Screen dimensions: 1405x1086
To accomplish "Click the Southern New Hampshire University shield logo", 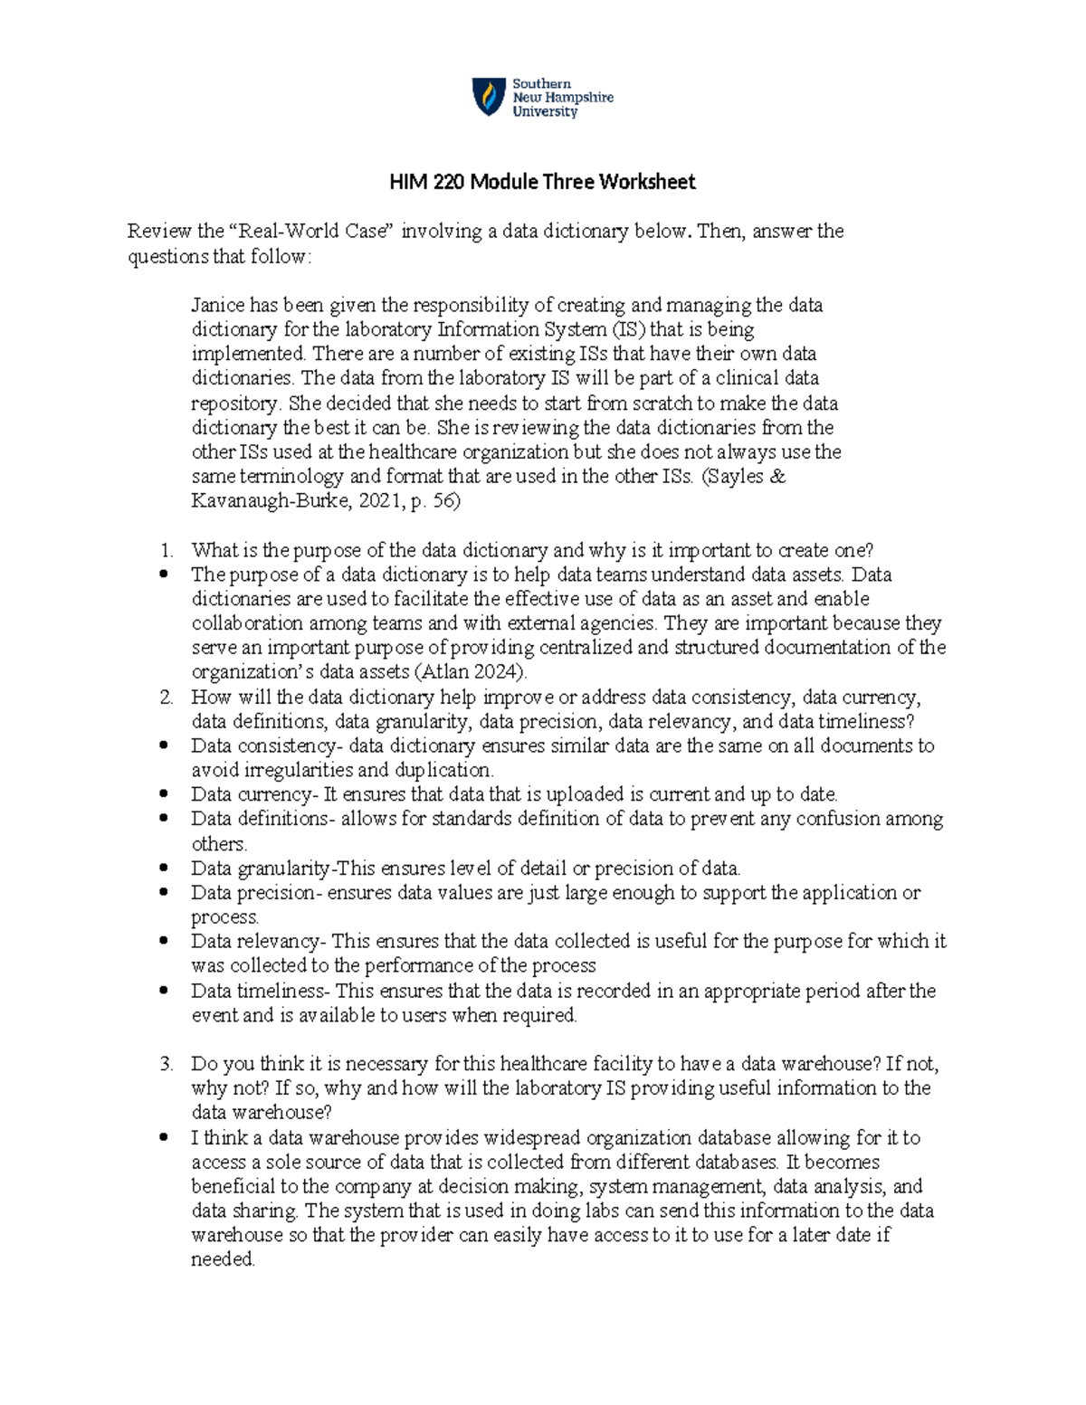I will [x=490, y=97].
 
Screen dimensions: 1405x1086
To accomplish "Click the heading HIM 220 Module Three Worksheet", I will [x=542, y=182].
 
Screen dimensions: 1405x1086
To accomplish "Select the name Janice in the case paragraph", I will [x=218, y=305].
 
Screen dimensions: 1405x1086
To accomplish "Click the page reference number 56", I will [x=443, y=500].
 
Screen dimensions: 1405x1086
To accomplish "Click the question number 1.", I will [x=166, y=550].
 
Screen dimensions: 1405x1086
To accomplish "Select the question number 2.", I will [x=166, y=698].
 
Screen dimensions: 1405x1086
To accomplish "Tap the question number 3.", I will [x=166, y=1064].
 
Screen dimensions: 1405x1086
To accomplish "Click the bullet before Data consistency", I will [x=164, y=746].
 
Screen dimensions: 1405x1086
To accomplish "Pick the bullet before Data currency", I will [x=164, y=795].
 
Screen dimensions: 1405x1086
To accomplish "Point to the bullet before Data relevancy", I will [x=164, y=942].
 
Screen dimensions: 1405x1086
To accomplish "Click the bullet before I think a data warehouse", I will [x=164, y=1138].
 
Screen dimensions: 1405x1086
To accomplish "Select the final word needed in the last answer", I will [x=223, y=1259].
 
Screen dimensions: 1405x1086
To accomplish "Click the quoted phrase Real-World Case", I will [x=322, y=232].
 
